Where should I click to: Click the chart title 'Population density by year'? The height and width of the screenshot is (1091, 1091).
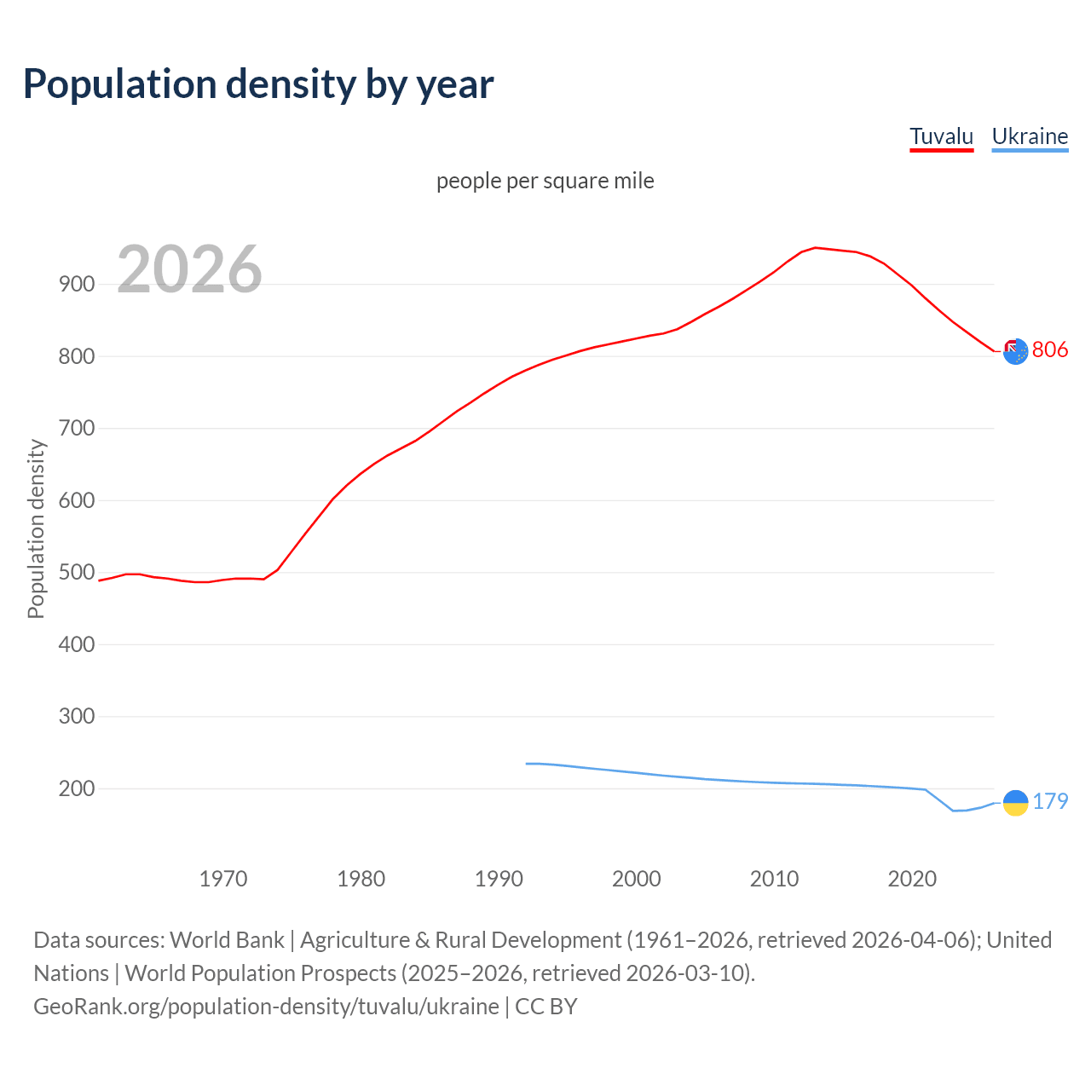point(258,84)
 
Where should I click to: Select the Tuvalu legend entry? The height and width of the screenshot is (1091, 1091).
point(941,136)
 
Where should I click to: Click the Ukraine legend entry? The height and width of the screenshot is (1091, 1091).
point(1030,136)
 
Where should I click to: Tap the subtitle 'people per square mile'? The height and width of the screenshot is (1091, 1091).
point(545,181)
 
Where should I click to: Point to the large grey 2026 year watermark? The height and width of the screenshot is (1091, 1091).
point(189,269)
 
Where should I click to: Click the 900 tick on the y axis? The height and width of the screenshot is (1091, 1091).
point(77,285)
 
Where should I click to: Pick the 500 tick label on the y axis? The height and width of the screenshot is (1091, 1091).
point(77,572)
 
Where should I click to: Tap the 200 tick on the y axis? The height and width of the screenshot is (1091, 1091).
point(77,788)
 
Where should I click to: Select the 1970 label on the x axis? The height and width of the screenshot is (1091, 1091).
point(223,878)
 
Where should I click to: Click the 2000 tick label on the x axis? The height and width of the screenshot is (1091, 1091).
point(637,878)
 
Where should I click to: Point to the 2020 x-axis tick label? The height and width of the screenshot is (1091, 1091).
point(912,878)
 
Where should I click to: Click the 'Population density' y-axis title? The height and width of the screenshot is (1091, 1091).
point(36,528)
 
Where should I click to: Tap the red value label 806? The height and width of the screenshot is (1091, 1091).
point(1049,349)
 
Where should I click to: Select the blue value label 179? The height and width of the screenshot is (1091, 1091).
point(1050,801)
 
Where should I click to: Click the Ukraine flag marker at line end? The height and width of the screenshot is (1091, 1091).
point(1015,802)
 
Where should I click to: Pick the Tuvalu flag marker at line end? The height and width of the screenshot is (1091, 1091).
point(1015,351)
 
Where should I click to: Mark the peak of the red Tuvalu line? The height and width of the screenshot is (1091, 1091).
point(816,248)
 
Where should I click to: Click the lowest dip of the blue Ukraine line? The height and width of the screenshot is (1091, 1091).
point(954,811)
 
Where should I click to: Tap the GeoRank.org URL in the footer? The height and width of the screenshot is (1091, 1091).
point(266,1007)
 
